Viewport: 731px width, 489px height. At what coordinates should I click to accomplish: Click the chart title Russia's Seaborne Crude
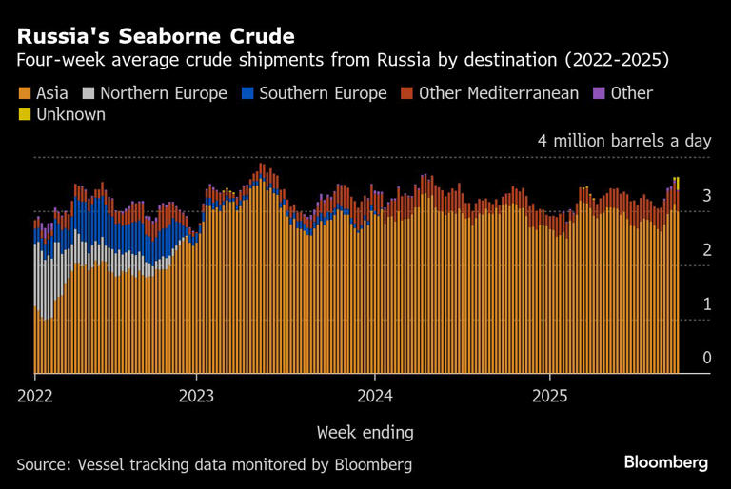[x=155, y=37]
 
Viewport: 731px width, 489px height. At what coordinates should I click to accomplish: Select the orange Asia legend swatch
[x=24, y=93]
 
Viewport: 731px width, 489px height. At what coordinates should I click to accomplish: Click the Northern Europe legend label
[x=163, y=93]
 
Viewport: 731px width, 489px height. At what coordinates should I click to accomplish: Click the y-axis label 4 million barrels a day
[x=624, y=141]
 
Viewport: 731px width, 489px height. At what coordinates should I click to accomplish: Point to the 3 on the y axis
[x=706, y=195]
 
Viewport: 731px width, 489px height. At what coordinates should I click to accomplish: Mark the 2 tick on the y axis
[x=706, y=249]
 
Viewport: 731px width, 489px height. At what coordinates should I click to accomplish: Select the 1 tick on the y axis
[x=706, y=303]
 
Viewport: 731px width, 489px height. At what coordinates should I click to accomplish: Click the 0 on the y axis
[x=706, y=358]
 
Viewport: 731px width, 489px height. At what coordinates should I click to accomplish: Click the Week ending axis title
[x=365, y=432]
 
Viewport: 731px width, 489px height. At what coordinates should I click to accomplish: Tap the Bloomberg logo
[x=666, y=462]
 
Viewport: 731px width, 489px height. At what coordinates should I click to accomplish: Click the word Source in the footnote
[x=42, y=464]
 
